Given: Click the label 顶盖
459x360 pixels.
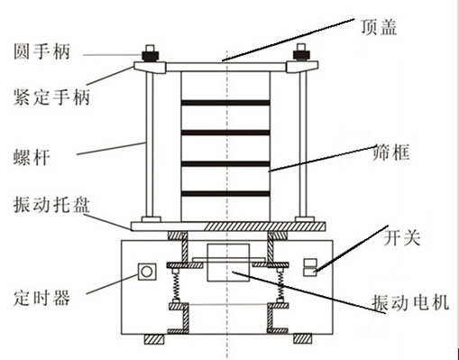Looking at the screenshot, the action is [x=379, y=27].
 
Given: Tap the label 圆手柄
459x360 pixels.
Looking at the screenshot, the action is [x=41, y=51].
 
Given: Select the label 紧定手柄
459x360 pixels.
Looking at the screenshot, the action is [x=51, y=97].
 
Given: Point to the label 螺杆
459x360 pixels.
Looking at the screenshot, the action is [x=32, y=157].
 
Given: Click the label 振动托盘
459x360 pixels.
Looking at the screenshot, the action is [x=51, y=205].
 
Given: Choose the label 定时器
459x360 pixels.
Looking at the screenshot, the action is [x=41, y=298].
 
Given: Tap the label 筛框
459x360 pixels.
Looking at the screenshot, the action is [x=390, y=152].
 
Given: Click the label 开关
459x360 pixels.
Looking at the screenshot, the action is [x=402, y=238].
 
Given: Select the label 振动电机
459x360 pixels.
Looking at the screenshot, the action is [x=410, y=302].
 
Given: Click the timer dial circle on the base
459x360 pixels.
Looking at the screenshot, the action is [x=147, y=272].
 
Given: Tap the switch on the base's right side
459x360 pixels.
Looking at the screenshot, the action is [x=310, y=267].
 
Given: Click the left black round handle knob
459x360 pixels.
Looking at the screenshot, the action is [x=150, y=56].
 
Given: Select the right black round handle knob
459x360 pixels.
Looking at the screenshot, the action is [x=301, y=55].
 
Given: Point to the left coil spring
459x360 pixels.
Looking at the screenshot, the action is [x=176, y=286].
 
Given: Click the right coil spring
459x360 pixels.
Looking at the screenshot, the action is [x=280, y=286].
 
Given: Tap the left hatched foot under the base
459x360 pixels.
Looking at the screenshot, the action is [x=154, y=339].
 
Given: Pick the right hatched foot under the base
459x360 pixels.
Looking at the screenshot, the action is [x=303, y=339].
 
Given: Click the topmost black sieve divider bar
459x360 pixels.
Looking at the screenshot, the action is [x=225, y=103].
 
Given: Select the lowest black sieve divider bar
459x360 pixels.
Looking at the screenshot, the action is [x=225, y=193].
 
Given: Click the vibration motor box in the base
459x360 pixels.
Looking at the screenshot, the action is [x=228, y=263].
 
